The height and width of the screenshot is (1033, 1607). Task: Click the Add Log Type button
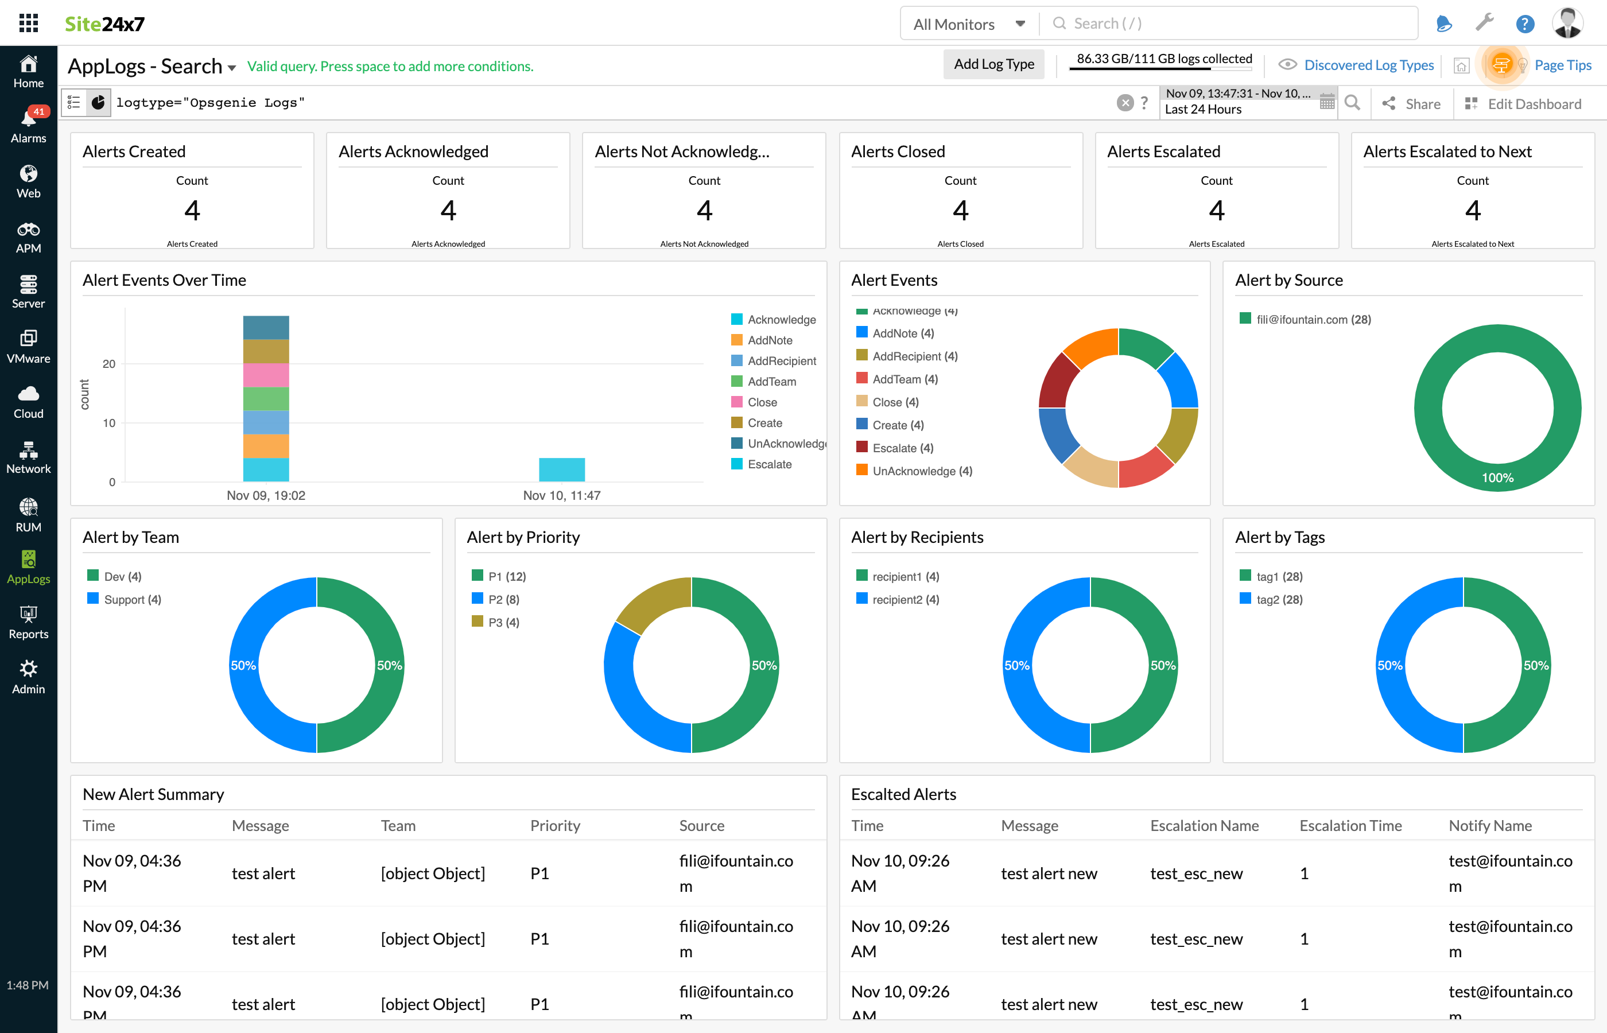click(x=993, y=64)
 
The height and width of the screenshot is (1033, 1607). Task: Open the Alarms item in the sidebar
click(x=28, y=126)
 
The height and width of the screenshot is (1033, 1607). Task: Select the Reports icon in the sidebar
click(x=28, y=622)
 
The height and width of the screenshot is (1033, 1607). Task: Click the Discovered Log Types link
click(x=1368, y=65)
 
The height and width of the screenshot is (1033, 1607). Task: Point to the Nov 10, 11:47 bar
click(x=561, y=469)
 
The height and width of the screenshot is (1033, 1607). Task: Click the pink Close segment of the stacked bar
click(x=266, y=375)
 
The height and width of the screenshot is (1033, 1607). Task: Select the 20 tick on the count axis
click(x=108, y=364)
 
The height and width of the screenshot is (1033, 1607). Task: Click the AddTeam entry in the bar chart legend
click(x=771, y=382)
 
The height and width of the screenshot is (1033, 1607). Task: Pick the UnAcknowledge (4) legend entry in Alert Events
click(x=922, y=471)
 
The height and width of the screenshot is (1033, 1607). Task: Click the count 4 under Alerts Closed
click(x=960, y=211)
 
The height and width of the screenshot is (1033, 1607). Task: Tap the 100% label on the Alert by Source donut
click(x=1497, y=477)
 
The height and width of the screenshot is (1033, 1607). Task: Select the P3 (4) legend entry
click(x=503, y=623)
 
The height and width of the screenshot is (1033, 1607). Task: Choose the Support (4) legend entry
click(x=132, y=600)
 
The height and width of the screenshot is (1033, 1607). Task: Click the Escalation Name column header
click(x=1204, y=826)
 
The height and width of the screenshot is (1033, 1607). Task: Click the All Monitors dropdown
click(x=969, y=24)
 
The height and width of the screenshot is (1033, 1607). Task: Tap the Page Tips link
click(x=1562, y=65)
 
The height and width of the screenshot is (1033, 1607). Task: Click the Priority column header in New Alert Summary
click(x=554, y=826)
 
